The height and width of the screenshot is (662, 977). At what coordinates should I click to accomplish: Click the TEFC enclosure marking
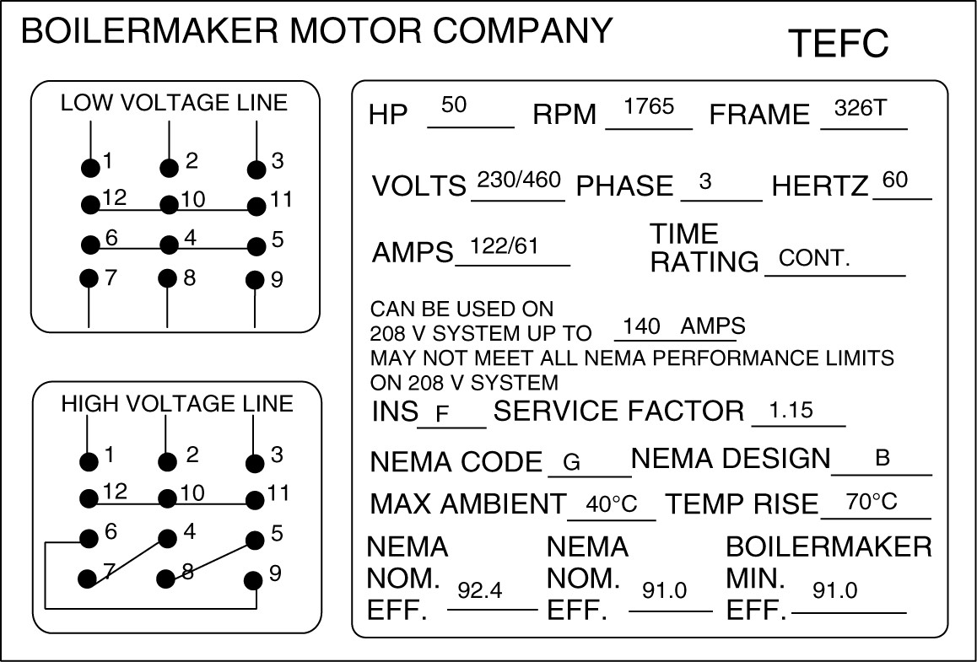[838, 43]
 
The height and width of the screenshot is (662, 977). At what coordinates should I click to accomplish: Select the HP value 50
[454, 105]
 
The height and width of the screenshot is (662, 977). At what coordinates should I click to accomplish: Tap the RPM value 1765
[649, 106]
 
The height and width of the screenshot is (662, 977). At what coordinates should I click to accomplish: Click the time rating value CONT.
[814, 258]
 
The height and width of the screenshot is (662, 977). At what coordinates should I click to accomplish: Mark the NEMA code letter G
[571, 462]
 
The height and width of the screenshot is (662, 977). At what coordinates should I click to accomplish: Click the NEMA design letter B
[883, 459]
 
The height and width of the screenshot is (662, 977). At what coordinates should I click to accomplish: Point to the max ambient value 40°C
[611, 505]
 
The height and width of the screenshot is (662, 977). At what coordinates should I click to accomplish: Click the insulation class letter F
[442, 414]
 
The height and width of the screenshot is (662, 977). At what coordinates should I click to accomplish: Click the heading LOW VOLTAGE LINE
[174, 103]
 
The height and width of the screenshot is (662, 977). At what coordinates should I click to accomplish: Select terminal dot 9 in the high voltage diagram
[252, 580]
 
